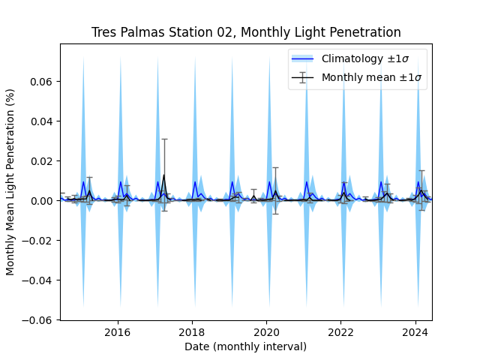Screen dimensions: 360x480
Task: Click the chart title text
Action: [246, 32]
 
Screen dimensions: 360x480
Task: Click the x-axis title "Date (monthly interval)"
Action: [245, 346]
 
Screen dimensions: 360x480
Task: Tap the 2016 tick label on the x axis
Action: [118, 332]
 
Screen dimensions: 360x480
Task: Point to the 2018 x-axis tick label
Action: [193, 332]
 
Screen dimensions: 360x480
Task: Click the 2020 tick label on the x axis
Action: [267, 332]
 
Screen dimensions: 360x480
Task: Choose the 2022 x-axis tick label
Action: [341, 332]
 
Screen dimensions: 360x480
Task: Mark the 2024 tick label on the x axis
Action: [416, 332]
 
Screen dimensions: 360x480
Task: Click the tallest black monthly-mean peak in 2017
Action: [163, 175]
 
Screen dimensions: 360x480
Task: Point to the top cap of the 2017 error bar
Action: [163, 139]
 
